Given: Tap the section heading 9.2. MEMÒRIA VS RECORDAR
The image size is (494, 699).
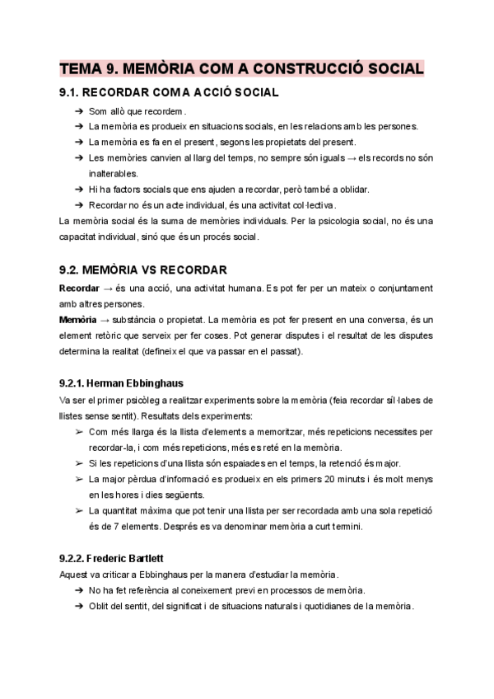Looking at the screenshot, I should coord(137,270).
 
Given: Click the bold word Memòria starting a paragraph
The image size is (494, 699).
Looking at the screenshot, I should coord(80,318).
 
